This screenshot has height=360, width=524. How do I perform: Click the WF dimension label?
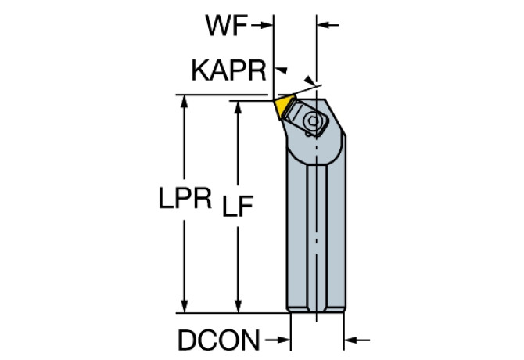pos(226,26)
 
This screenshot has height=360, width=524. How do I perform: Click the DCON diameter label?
pos(218,340)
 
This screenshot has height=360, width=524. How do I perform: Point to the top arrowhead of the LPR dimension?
pos(185,101)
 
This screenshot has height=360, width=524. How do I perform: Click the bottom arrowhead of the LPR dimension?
pos(185,308)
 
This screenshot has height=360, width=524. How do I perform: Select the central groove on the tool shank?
pos(318,235)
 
